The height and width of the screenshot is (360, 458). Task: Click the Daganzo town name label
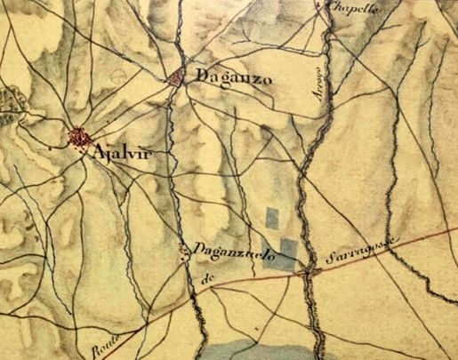click(x=229, y=77)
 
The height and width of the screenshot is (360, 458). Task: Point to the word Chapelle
click(x=354, y=8)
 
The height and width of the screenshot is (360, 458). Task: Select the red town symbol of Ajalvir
click(x=79, y=138)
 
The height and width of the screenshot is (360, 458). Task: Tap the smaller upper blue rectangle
click(x=272, y=217)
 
